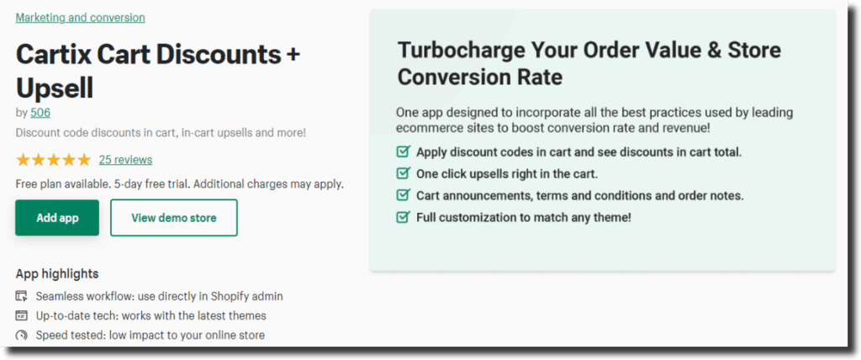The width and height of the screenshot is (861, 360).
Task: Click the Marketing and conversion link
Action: (x=80, y=18)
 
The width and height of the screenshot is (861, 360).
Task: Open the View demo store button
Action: (x=174, y=218)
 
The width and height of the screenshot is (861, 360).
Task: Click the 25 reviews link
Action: (x=126, y=160)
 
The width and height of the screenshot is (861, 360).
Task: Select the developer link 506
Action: (x=40, y=113)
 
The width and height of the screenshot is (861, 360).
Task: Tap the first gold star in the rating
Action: (x=23, y=160)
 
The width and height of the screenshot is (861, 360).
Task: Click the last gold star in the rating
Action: (x=83, y=160)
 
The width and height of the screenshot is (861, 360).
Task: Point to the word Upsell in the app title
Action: (x=55, y=87)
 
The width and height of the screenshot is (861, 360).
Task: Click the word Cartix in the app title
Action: (x=53, y=55)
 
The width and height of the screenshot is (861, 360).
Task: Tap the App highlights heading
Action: (x=57, y=273)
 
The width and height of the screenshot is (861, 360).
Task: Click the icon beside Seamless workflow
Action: (x=21, y=296)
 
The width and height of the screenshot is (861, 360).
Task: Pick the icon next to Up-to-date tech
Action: (x=21, y=315)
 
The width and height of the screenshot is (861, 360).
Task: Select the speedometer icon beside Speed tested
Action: (x=21, y=335)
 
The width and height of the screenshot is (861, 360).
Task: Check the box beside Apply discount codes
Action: (x=403, y=151)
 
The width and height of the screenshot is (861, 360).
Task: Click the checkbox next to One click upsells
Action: (x=403, y=173)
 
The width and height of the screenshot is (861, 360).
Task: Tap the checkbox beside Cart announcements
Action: (x=403, y=195)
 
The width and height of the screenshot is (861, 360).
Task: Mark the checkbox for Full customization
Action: (x=403, y=217)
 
